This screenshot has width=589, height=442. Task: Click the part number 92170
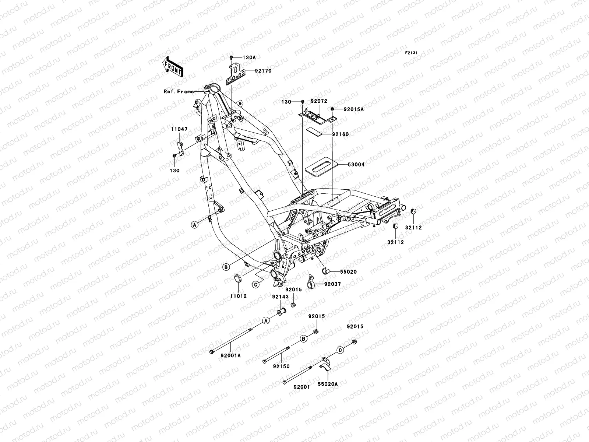click(263, 71)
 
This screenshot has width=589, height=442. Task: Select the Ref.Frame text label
click(179, 92)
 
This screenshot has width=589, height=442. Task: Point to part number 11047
click(179, 130)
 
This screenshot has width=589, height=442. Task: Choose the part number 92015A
click(353, 109)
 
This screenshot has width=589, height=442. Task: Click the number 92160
click(340, 134)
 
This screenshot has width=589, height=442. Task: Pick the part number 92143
click(281, 296)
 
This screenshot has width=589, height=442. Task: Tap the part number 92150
click(282, 366)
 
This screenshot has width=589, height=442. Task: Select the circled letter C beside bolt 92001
click(340, 350)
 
